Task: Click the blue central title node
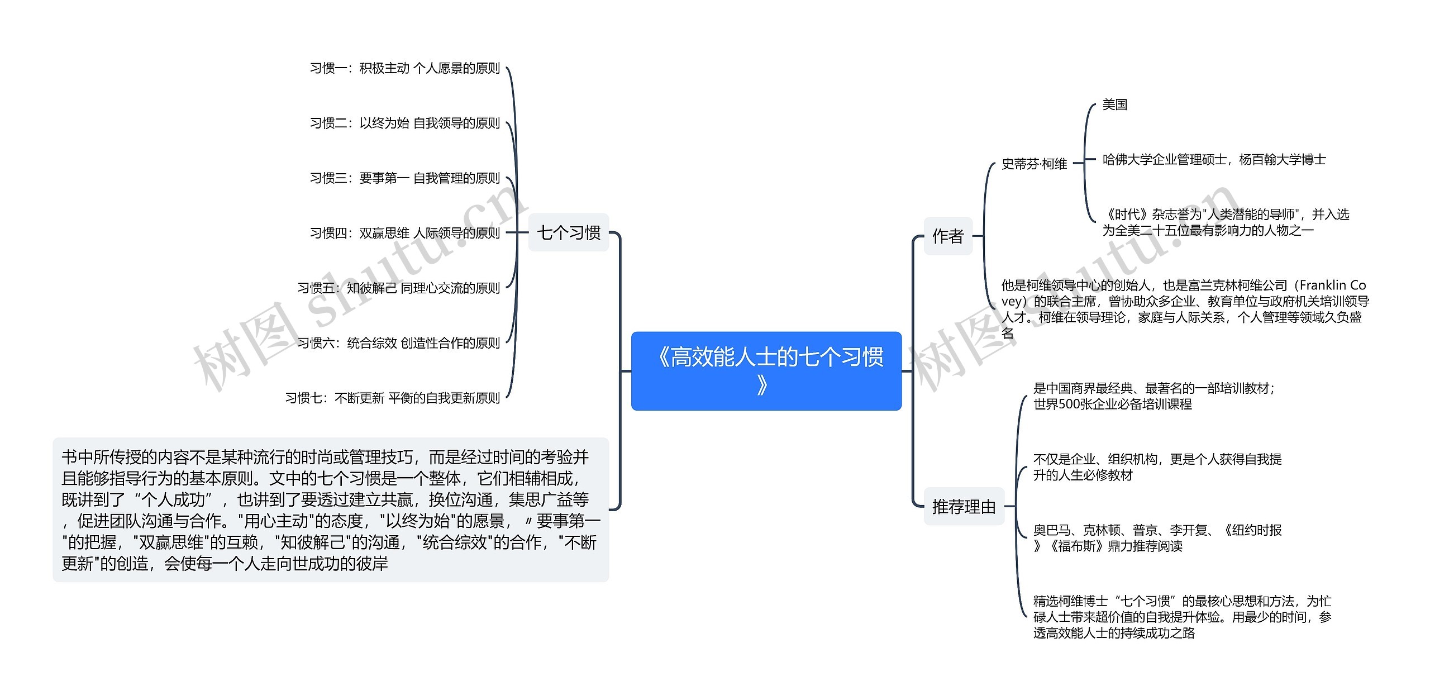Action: (x=766, y=371)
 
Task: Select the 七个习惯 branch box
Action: (x=568, y=232)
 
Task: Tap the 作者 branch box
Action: (x=948, y=236)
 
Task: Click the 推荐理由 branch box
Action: (x=964, y=506)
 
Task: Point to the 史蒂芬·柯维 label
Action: (x=1034, y=164)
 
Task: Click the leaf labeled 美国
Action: (x=1114, y=104)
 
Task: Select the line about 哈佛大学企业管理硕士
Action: (x=1214, y=160)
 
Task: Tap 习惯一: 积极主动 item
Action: (x=404, y=68)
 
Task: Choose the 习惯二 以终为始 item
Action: (x=404, y=123)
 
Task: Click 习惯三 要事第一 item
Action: (x=404, y=178)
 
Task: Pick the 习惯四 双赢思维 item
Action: (x=404, y=233)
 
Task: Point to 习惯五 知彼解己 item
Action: (x=398, y=288)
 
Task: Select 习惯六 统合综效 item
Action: (x=398, y=342)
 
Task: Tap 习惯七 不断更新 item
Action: (x=392, y=398)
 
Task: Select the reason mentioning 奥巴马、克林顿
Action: (x=1157, y=537)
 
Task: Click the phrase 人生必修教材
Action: (x=1095, y=475)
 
